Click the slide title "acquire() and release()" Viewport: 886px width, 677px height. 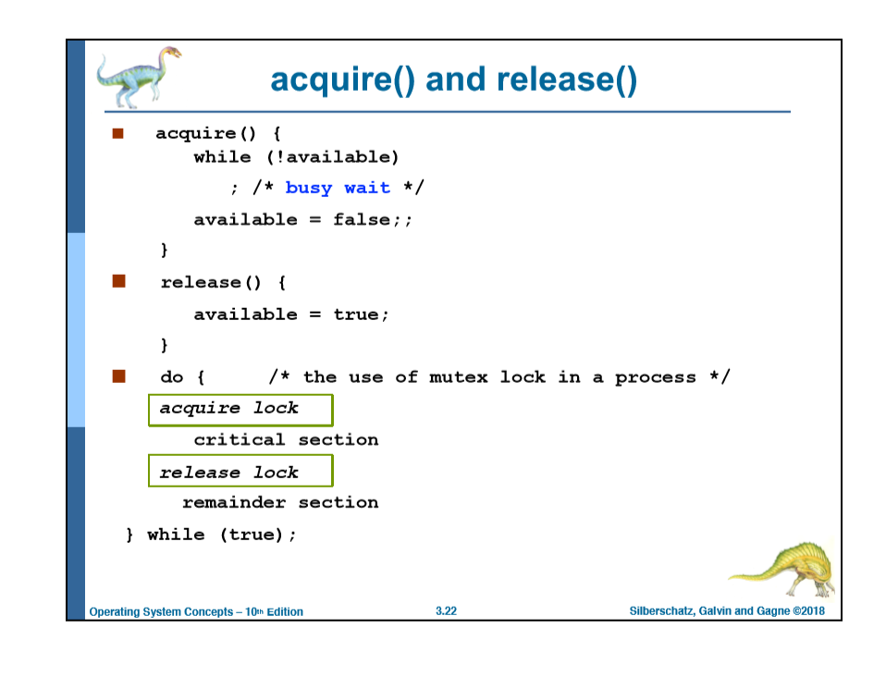pos(453,80)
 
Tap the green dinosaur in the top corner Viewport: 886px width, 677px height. pos(138,77)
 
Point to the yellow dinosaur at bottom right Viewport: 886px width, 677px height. pos(786,568)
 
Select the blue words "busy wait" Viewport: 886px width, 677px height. pos(338,188)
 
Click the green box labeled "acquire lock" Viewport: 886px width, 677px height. pos(240,409)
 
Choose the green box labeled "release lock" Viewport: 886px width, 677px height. pos(240,473)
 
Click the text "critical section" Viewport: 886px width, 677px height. pos(286,440)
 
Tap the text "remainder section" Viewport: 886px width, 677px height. pos(280,503)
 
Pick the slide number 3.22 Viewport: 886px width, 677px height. pos(446,611)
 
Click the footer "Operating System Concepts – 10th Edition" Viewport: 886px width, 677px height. pos(196,611)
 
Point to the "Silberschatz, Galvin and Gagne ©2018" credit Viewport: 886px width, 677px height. pos(727,611)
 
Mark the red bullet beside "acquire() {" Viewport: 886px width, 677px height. pos(117,133)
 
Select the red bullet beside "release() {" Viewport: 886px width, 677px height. pos(117,282)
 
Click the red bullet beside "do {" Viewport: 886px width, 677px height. pos(117,376)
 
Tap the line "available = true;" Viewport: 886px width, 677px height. pos(291,315)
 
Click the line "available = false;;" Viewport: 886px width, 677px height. pos(302,220)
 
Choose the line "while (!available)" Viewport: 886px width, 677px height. pos(296,157)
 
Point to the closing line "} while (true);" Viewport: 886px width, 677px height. pos(212,535)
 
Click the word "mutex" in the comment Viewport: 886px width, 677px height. pos(458,377)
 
